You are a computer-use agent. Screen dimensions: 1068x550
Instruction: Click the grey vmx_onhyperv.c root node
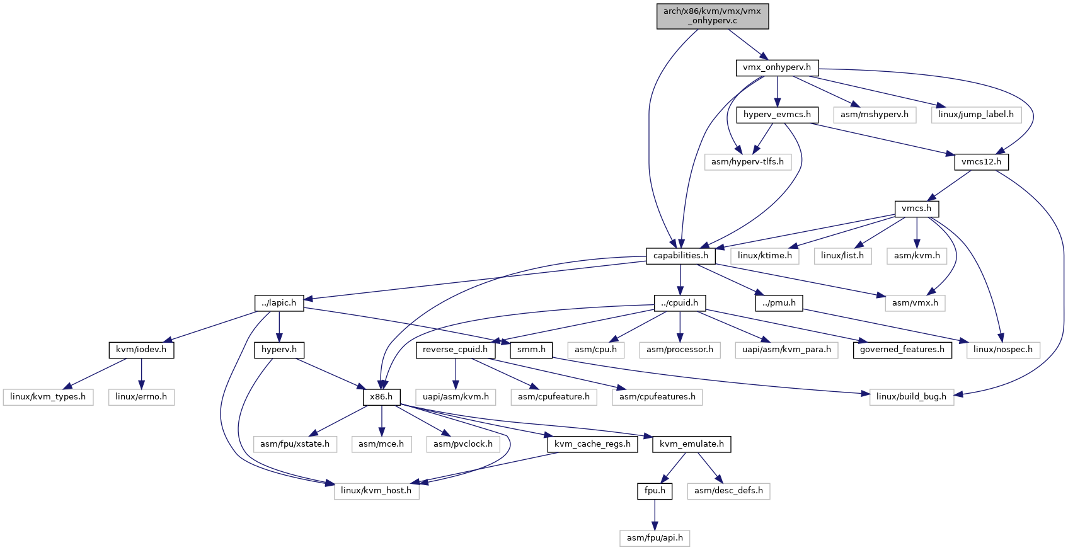click(x=713, y=16)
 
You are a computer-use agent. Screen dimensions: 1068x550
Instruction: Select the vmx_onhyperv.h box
click(x=777, y=67)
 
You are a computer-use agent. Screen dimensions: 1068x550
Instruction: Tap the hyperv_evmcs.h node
click(x=777, y=115)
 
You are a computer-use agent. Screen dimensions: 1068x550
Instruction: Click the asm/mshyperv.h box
click(x=875, y=115)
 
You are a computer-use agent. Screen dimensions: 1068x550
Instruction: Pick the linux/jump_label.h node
click(x=976, y=115)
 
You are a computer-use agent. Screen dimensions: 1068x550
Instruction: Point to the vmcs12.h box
click(x=981, y=162)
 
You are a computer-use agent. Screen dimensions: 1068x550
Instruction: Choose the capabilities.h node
click(x=681, y=256)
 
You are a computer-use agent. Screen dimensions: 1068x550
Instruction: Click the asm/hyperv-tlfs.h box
click(x=747, y=162)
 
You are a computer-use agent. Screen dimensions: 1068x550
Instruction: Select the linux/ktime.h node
click(x=765, y=256)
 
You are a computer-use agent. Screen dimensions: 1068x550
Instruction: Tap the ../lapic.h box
click(x=279, y=303)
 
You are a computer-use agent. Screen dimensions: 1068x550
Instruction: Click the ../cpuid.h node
click(x=680, y=303)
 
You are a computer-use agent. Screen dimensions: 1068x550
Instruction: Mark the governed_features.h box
click(x=902, y=350)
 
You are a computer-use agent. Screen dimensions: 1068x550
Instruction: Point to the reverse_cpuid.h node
click(x=456, y=350)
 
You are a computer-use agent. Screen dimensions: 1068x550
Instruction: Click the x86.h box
click(x=381, y=397)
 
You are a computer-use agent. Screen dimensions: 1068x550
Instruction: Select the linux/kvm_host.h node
click(x=377, y=491)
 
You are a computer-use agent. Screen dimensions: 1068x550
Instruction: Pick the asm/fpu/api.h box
click(x=655, y=538)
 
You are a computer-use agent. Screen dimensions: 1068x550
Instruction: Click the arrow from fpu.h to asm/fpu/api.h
click(x=655, y=515)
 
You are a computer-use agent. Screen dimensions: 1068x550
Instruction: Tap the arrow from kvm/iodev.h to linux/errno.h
click(x=142, y=374)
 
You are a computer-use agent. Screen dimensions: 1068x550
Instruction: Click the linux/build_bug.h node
click(x=912, y=397)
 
